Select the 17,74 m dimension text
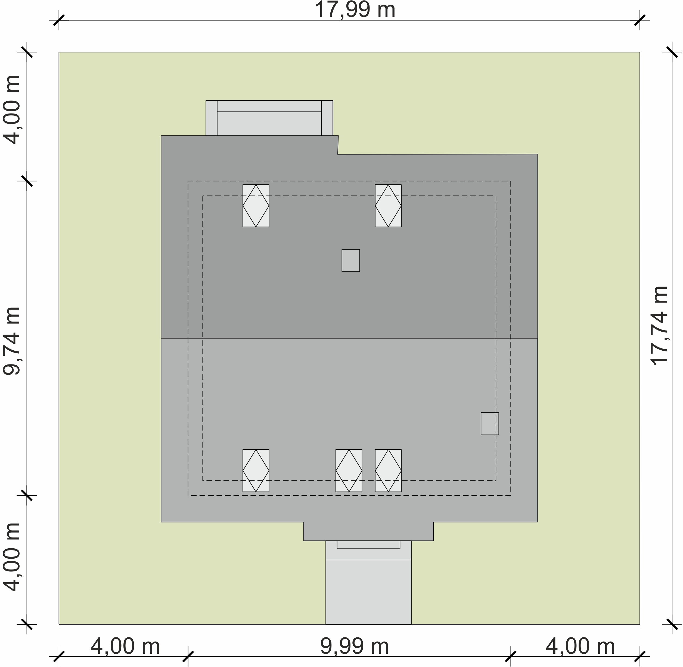pos(660,326)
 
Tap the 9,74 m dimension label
pos(12,341)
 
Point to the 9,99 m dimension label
pos(354,646)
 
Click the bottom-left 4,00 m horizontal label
pos(125,646)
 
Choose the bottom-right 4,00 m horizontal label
pos(580,646)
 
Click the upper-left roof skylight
pos(256,206)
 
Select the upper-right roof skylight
pos(388,206)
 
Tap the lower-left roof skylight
pos(256,470)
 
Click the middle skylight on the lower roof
pos(349,470)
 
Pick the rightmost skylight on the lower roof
pos(388,470)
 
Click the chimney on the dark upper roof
pos(351,260)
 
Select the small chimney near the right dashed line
pos(490,424)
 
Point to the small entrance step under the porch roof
pos(368,545)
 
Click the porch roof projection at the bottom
pos(368,531)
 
